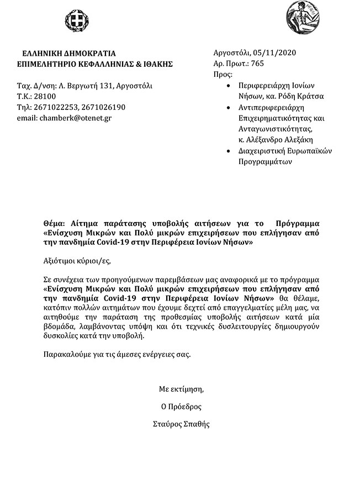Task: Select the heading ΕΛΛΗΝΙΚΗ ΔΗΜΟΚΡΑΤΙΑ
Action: [x=69, y=54]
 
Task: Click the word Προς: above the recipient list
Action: [x=223, y=75]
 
